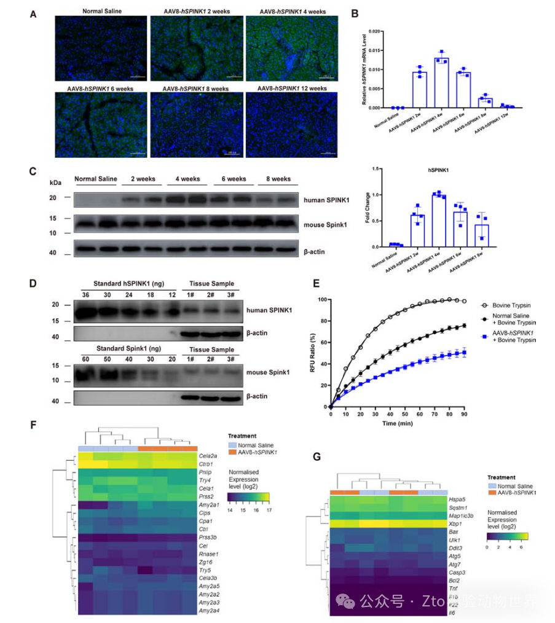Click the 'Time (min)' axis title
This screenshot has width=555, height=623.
coord(399,424)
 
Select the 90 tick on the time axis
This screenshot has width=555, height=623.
coord(465,414)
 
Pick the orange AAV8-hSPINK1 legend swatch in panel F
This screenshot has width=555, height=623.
coord(232,452)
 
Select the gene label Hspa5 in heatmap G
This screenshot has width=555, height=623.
coord(458,501)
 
